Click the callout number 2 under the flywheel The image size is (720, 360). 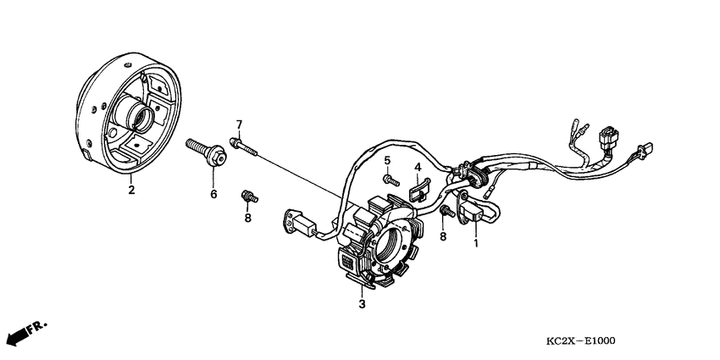click(x=131, y=191)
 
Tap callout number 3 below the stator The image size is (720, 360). click(x=362, y=303)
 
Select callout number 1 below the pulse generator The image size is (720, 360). click(x=476, y=244)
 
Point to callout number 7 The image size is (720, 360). click(x=239, y=125)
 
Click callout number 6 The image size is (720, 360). click(x=213, y=194)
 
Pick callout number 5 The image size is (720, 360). click(x=386, y=160)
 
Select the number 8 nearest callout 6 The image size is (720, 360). click(x=248, y=218)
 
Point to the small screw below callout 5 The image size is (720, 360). click(x=390, y=179)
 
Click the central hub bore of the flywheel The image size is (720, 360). click(x=137, y=117)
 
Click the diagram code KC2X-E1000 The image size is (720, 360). click(x=580, y=342)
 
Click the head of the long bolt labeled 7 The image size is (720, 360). click(x=235, y=142)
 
